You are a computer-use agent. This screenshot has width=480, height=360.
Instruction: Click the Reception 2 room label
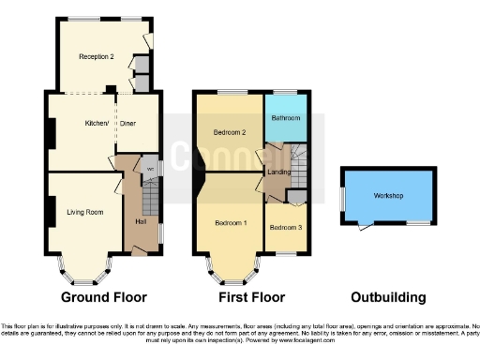tap(97, 57)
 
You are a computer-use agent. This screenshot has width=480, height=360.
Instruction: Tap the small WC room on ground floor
tap(149, 169)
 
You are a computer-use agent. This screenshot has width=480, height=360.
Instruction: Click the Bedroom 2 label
tap(230, 132)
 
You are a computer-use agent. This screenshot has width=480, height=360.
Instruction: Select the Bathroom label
tap(286, 118)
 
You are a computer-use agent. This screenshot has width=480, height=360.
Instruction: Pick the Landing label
tap(278, 171)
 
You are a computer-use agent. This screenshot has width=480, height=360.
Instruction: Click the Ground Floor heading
tap(103, 297)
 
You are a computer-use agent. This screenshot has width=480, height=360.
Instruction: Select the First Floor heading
tap(250, 297)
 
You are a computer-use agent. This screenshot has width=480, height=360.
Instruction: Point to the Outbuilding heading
tap(387, 297)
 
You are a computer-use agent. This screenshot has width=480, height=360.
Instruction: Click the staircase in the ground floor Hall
tap(150, 200)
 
